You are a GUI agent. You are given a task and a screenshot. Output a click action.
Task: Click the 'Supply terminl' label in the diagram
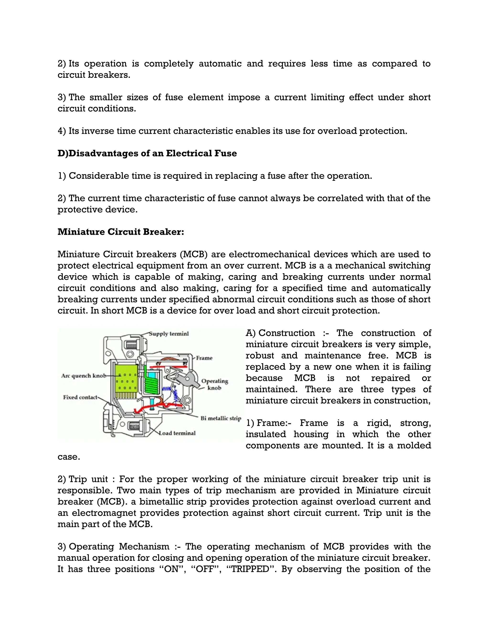pyautogui.click(x=169, y=334)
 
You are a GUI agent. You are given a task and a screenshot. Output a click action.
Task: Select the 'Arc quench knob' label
pyautogui.click(x=83, y=376)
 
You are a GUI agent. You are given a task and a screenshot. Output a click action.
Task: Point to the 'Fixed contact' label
pyautogui.click(x=80, y=397)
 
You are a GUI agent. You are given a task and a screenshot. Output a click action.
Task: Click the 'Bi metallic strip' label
pyautogui.click(x=221, y=419)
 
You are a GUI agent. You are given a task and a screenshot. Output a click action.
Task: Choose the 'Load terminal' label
pyautogui.click(x=177, y=433)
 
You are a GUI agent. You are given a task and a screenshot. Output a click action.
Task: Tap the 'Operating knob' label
pyautogui.click(x=215, y=384)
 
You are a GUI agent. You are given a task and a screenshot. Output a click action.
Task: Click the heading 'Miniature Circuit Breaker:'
pyautogui.click(x=121, y=232)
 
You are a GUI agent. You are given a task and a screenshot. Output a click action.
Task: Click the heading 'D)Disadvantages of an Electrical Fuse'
pyautogui.click(x=147, y=153)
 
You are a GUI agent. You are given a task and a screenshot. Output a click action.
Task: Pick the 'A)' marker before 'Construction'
pyautogui.click(x=250, y=333)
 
